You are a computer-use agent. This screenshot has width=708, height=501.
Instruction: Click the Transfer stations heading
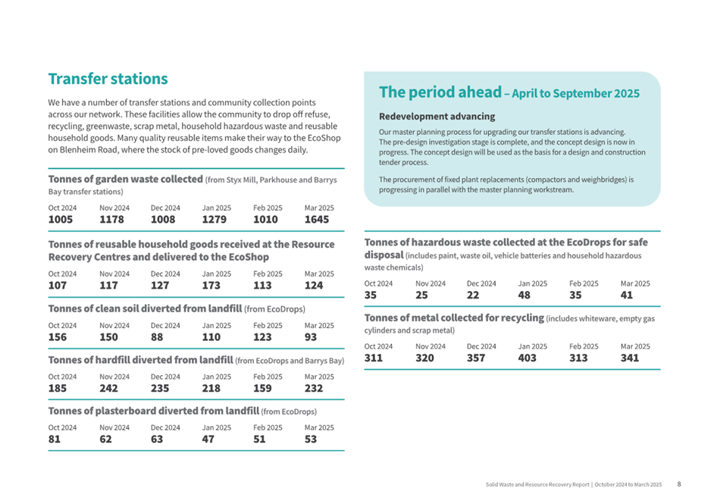pos(108,79)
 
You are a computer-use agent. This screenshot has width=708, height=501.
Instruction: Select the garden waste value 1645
pos(317,220)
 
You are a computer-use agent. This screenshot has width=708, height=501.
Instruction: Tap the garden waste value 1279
pos(214,220)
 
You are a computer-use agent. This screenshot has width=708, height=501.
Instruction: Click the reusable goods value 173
pos(211,286)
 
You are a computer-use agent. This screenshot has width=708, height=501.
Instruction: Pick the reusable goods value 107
pos(58,286)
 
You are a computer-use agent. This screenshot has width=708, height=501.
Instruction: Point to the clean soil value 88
pos(157,337)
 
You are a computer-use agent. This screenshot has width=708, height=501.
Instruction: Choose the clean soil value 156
pos(58,337)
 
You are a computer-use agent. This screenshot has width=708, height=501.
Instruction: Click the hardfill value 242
pos(108,389)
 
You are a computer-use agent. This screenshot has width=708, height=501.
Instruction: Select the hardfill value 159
pos(262,389)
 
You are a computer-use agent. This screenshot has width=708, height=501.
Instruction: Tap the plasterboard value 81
pos(54,439)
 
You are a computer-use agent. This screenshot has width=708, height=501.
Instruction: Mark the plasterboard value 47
pos(208,439)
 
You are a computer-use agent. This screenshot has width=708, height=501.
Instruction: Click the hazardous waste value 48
pos(524,295)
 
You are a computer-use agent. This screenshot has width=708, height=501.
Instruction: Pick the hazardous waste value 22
pos(473,295)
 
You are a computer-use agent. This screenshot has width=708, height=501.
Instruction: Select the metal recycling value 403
pos(527,359)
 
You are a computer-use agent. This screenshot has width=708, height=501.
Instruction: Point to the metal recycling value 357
pos(476,359)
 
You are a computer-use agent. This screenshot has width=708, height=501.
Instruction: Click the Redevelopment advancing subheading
pos(437,117)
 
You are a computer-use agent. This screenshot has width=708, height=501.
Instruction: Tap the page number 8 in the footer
pos(679,484)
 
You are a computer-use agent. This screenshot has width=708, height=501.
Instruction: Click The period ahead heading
pos(440,92)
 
